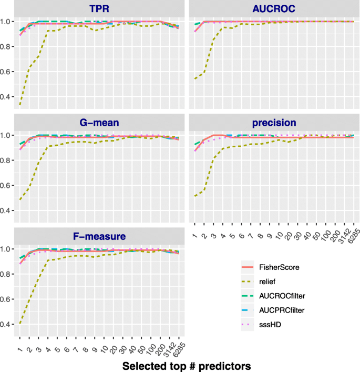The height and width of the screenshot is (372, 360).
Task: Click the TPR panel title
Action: [100, 8]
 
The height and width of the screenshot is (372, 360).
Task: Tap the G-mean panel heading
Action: [100, 123]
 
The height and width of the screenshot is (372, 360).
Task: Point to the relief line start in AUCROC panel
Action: [194, 79]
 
